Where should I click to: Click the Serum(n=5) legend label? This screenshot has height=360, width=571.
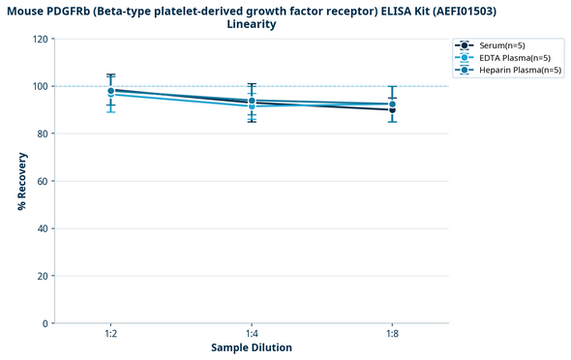(x=503, y=45)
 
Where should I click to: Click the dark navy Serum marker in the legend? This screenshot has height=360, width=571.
(x=466, y=45)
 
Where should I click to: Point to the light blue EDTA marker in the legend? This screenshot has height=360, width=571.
(x=466, y=57)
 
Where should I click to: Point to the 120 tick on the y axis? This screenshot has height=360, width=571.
(x=40, y=39)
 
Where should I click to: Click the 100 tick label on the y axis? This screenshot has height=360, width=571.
(x=40, y=86)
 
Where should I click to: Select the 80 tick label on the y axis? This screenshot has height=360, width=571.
(x=42, y=134)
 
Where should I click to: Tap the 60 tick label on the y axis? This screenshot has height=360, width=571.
(x=42, y=181)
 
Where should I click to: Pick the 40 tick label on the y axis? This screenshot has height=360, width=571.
(x=42, y=228)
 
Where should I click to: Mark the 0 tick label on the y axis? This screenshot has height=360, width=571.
(x=45, y=323)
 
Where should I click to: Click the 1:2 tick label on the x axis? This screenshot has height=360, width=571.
(x=111, y=334)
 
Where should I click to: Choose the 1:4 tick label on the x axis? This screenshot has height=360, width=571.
(x=252, y=334)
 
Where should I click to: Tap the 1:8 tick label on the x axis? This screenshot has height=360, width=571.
(x=392, y=334)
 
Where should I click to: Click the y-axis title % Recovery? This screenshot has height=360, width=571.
(x=21, y=181)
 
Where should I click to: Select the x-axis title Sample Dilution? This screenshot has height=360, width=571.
(x=252, y=347)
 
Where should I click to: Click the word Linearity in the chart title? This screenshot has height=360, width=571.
(x=252, y=24)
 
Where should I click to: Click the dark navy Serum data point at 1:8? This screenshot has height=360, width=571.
(x=392, y=109)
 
